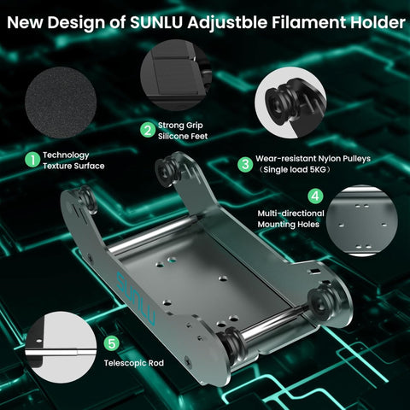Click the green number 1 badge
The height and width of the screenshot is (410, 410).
pyautogui.click(x=32, y=160)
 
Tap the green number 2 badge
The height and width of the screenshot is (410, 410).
pyautogui.click(x=148, y=130)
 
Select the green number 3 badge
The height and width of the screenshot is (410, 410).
pyautogui.click(x=245, y=164)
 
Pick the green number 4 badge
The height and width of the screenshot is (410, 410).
pyautogui.click(x=315, y=196)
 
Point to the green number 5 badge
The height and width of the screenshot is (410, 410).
pyautogui.click(x=111, y=343)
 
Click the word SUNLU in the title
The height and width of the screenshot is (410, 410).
pyautogui.click(x=156, y=22)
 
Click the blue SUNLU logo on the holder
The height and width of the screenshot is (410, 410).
pyautogui.click(x=137, y=298)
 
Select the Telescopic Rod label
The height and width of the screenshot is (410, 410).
pyautogui.click(x=134, y=363)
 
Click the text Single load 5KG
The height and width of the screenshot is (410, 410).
pyautogui.click(x=295, y=170)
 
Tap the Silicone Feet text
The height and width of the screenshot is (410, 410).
pyautogui.click(x=183, y=136)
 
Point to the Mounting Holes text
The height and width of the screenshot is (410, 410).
pyautogui.click(x=289, y=225)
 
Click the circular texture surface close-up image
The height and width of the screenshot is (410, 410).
pyautogui.click(x=61, y=102)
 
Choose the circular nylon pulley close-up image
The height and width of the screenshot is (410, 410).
pyautogui.click(x=290, y=102)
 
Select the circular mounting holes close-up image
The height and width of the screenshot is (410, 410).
pyautogui.click(x=361, y=221)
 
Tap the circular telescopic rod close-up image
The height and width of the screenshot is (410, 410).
pyautogui.click(x=61, y=347)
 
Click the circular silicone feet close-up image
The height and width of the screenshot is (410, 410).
pyautogui.click(x=176, y=75)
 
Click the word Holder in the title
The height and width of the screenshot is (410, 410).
pyautogui.click(x=378, y=22)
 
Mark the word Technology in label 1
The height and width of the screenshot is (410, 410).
pyautogui.click(x=66, y=155)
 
